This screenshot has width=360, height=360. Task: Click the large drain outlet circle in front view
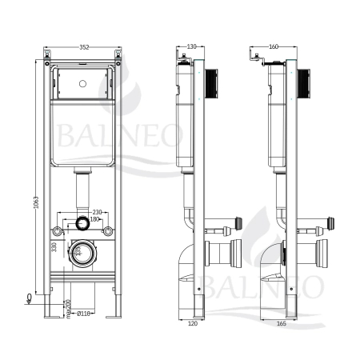point(82,254)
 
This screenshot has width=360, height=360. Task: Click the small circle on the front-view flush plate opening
point(83,82)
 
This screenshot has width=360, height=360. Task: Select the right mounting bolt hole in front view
point(106,232)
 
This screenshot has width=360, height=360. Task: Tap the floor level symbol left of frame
point(30,298)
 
